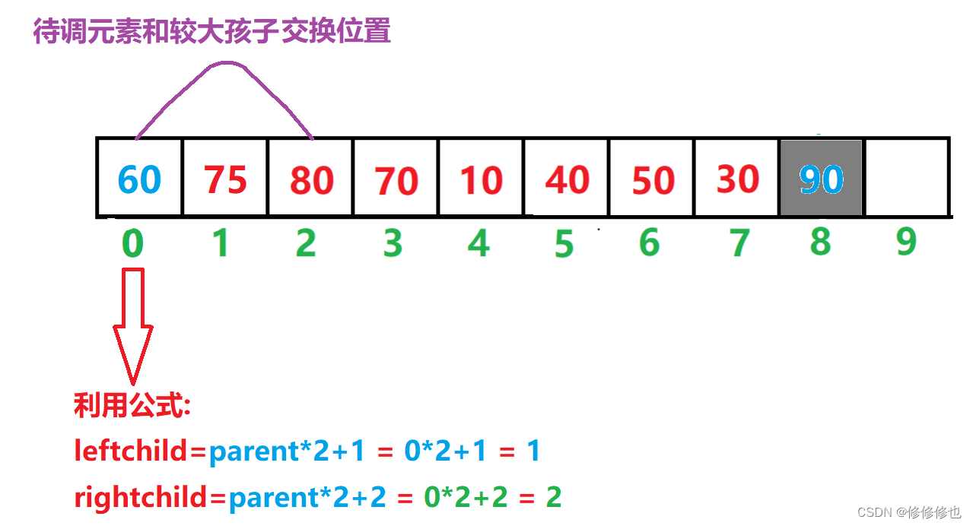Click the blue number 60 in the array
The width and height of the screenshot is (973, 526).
[140, 179]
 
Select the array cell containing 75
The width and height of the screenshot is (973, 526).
[226, 179]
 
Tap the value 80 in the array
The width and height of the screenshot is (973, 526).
[312, 180]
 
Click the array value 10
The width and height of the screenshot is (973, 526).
[482, 180]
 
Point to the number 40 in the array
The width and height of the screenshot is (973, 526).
[568, 180]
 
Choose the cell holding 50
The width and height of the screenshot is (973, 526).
[653, 180]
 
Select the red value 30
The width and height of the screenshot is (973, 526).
[738, 179]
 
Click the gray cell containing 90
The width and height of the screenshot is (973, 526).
[822, 179]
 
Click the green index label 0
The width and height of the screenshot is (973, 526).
[133, 244]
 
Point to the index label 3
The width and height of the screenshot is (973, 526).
[393, 244]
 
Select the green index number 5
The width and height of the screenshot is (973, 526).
[564, 245]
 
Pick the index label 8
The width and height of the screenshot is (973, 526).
[820, 241]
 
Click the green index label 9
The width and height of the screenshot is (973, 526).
[906, 242]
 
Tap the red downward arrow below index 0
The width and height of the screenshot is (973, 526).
[133, 327]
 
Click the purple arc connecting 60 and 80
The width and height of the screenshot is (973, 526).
[225, 65]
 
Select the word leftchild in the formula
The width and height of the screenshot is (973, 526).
[131, 452]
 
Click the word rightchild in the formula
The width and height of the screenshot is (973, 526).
[141, 497]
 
